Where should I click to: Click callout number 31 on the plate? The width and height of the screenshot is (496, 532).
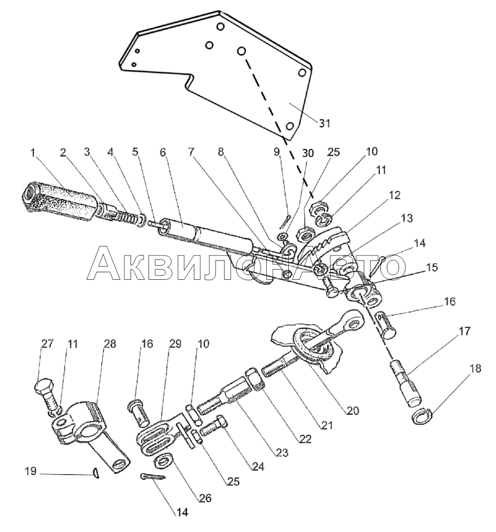tap(325, 123)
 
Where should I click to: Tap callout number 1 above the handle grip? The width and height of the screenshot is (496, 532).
tap(33, 153)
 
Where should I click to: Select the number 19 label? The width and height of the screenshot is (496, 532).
tap(31, 471)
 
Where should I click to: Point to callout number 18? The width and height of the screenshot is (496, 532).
tap(476, 368)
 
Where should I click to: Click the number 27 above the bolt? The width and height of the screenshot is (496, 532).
tap(47, 344)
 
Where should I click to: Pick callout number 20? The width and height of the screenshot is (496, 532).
tap(353, 411)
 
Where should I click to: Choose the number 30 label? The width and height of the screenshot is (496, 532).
tap(308, 153)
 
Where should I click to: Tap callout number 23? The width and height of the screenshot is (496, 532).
tap(282, 452)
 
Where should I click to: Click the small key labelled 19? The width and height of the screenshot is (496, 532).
tap(96, 473)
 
